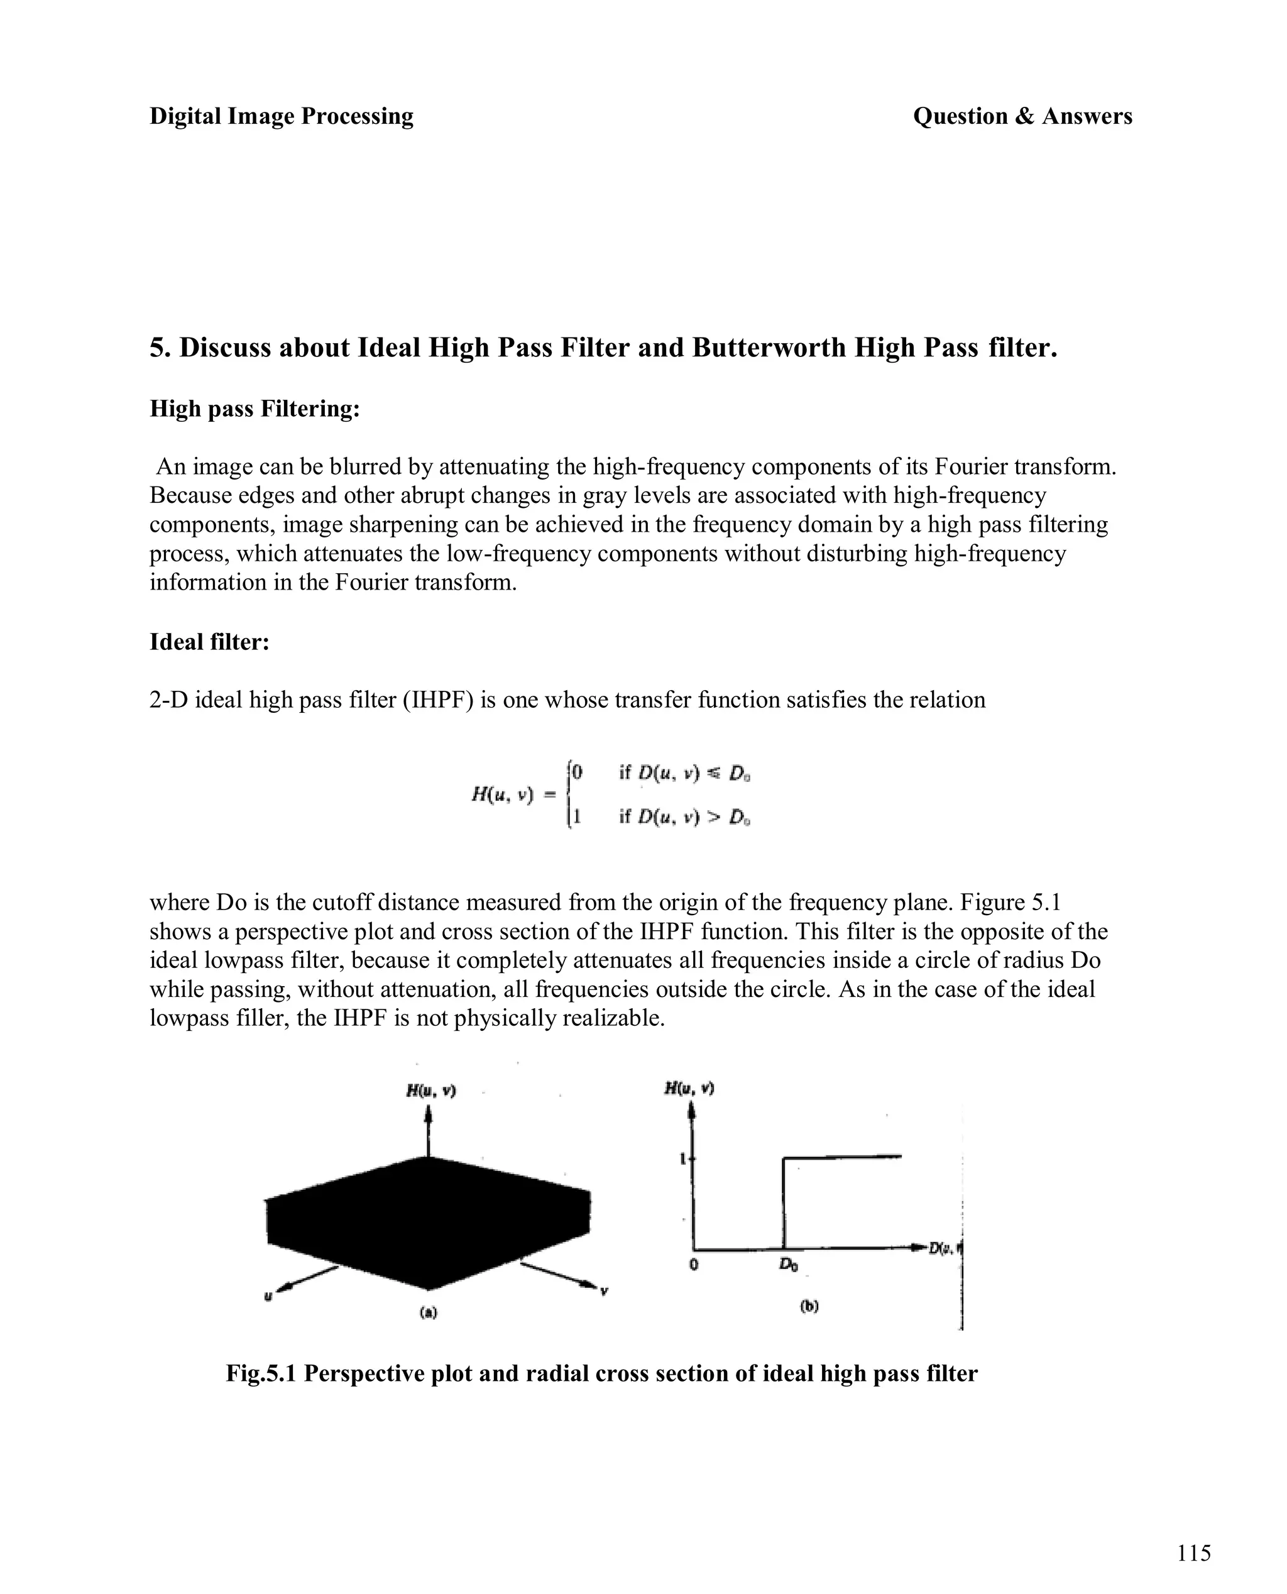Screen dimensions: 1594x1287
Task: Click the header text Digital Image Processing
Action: (x=281, y=116)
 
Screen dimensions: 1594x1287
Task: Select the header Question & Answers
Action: (x=1022, y=116)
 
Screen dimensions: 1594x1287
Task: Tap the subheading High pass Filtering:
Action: (x=255, y=409)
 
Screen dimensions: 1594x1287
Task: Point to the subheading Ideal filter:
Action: (x=209, y=641)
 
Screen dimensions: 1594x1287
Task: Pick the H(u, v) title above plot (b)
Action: (x=689, y=1087)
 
